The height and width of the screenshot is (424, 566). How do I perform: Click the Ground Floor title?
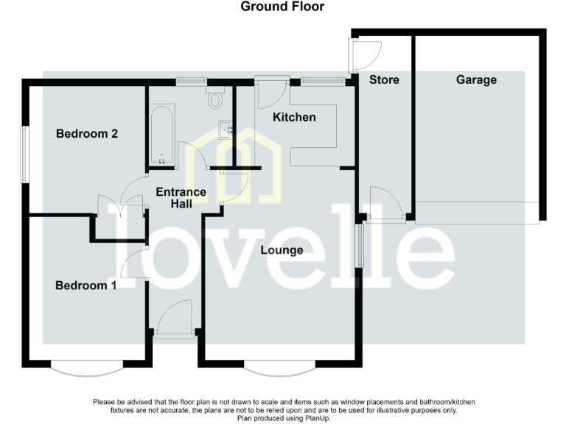pyautogui.click(x=282, y=7)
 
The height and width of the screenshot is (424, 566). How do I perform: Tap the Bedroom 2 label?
pyautogui.click(x=87, y=134)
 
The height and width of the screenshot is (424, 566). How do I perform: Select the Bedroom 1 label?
pyautogui.click(x=85, y=285)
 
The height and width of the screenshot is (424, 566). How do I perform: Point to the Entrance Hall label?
pyautogui.click(x=181, y=197)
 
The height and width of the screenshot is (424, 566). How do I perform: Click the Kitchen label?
pyautogui.click(x=294, y=117)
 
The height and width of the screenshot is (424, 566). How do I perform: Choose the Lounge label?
pyautogui.click(x=282, y=250)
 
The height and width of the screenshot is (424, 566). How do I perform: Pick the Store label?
pyautogui.click(x=384, y=79)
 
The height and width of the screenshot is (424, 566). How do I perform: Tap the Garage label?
pyautogui.click(x=476, y=79)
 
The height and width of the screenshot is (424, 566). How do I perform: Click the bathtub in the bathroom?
pyautogui.click(x=162, y=135)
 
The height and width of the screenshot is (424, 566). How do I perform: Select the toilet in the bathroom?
pyautogui.click(x=216, y=97)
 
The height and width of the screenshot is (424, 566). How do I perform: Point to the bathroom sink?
pyautogui.click(x=228, y=129)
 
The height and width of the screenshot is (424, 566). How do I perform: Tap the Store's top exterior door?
pyautogui.click(x=365, y=51)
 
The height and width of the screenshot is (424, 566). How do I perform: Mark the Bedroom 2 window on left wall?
pyautogui.click(x=24, y=154)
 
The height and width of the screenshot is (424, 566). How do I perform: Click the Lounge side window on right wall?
pyautogui.click(x=360, y=246)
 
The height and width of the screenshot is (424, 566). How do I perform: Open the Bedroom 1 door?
pyautogui.click(x=133, y=264)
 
